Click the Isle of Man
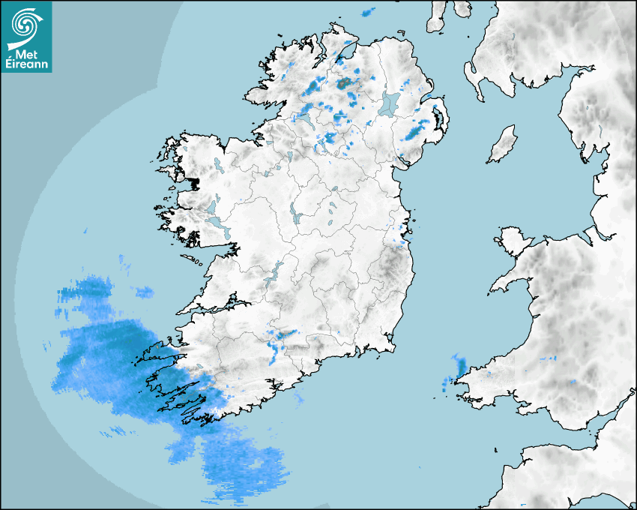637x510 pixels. click(503, 145)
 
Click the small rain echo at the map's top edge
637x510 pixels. click(367, 12)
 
